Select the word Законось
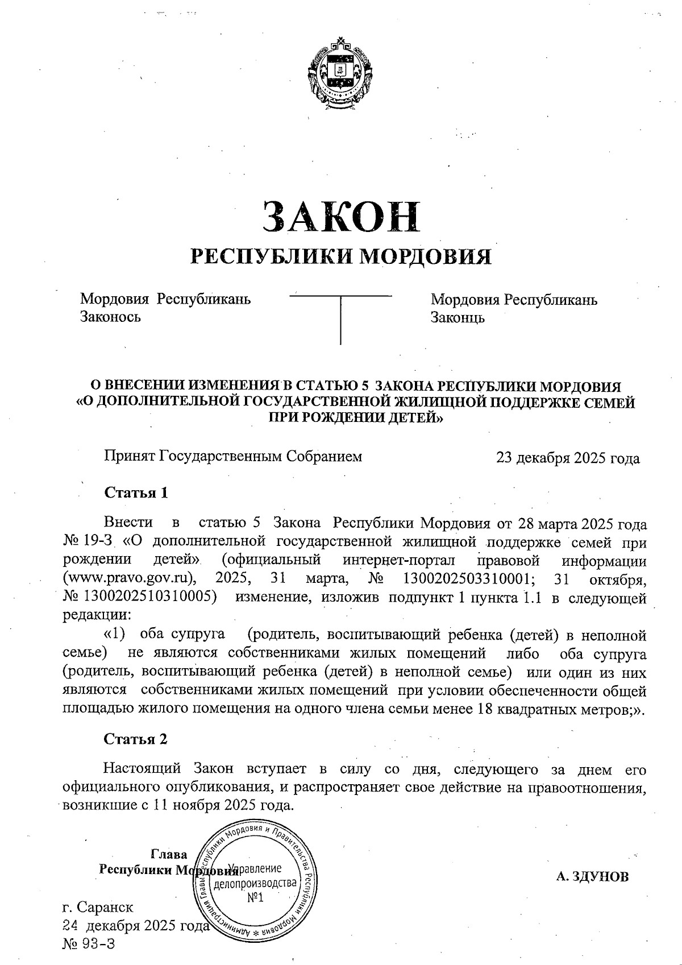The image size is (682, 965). tap(110, 317)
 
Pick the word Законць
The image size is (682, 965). tap(458, 317)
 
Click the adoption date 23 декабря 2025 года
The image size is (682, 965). tap(568, 458)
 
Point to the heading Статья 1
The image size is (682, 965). tap(136, 492)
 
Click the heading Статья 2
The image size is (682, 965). tap(136, 739)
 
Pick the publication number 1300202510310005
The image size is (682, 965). tap(150, 598)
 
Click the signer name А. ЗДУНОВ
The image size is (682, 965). tap(593, 876)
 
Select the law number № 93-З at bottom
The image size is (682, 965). tap(89, 944)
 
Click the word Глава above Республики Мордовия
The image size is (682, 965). tap(169, 855)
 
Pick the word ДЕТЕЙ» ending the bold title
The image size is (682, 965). tap(415, 418)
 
